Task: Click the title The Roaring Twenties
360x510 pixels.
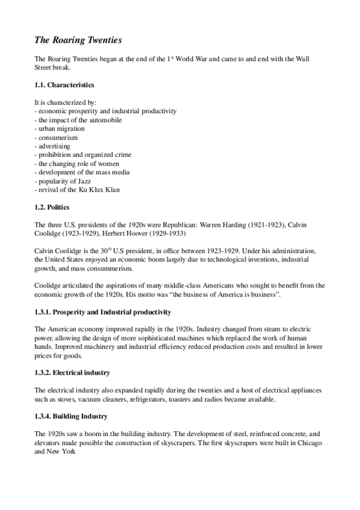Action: click(78, 40)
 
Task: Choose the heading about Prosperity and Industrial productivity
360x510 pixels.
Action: click(103, 312)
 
